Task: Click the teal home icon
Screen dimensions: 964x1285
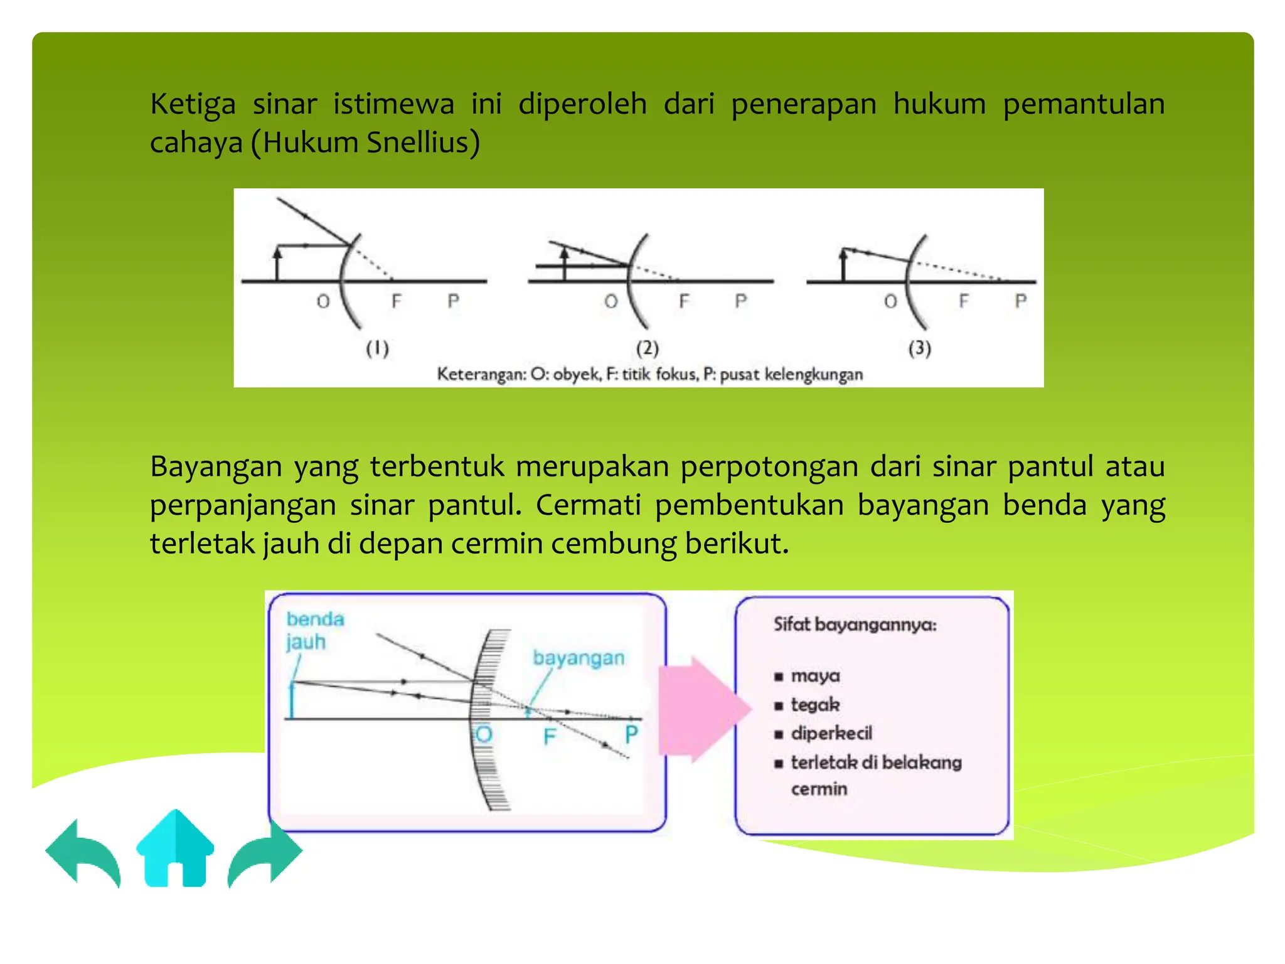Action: click(x=175, y=850)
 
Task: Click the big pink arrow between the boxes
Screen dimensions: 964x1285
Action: click(x=703, y=710)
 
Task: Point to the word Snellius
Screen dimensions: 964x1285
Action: click(x=423, y=142)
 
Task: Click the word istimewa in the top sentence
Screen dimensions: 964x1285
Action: click(x=393, y=104)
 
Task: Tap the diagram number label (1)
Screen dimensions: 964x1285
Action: click(x=377, y=348)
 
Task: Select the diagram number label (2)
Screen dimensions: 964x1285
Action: click(x=648, y=348)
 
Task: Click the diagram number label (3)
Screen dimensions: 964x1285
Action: click(x=920, y=348)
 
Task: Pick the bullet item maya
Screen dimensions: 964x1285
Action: click(x=815, y=676)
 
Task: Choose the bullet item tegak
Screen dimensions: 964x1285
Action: click(x=815, y=705)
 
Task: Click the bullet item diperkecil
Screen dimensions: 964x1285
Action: click(x=831, y=734)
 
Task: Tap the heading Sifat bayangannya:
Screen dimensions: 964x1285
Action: click(x=855, y=624)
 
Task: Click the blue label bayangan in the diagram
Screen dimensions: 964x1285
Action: click(x=579, y=658)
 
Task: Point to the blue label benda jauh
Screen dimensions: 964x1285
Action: click(x=314, y=631)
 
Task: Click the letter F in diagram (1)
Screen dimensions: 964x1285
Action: click(x=396, y=301)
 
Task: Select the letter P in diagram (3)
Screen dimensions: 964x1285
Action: click(x=1021, y=301)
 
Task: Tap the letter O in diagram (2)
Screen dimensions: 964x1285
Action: click(x=611, y=302)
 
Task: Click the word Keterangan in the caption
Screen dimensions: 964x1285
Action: click(x=481, y=375)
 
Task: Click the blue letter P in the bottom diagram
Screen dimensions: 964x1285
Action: click(x=631, y=734)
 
